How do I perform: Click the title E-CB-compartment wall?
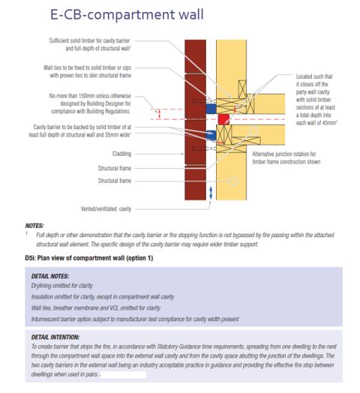(120, 14)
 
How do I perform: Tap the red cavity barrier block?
(223, 118)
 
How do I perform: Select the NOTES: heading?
(35, 226)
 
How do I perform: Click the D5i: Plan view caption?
(90, 259)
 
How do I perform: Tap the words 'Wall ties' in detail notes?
(43, 308)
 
